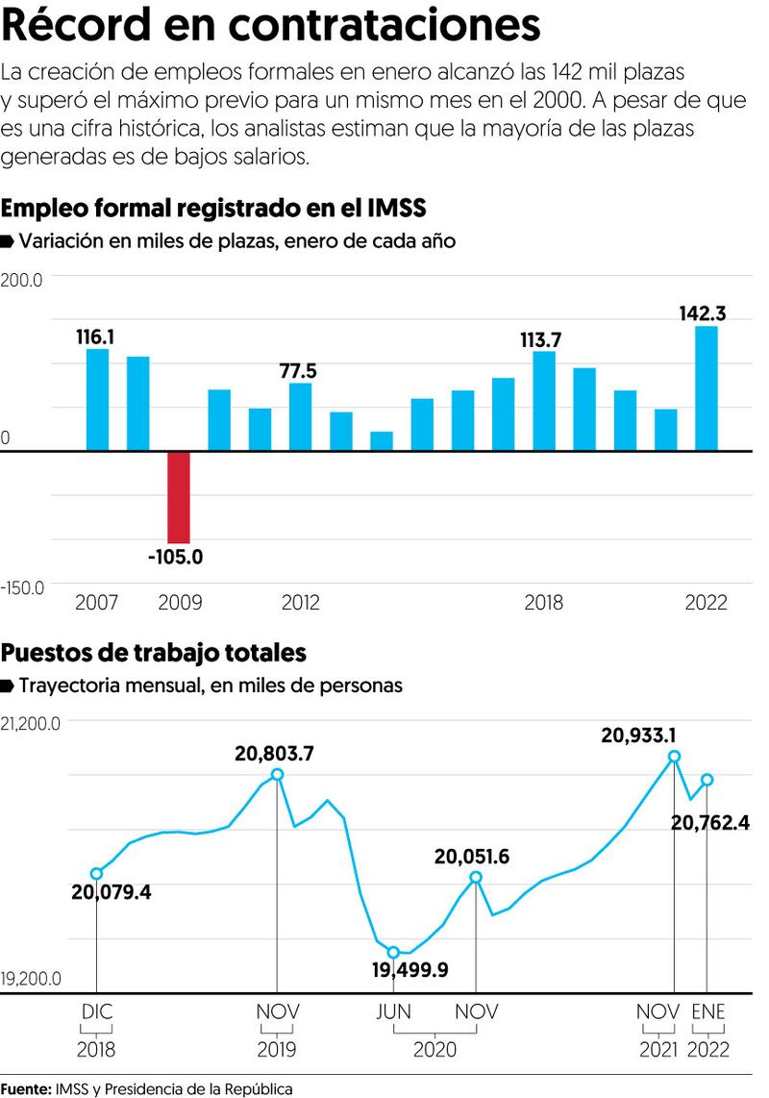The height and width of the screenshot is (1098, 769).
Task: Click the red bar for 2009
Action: (x=179, y=497)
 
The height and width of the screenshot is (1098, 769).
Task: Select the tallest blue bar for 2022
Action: (x=707, y=388)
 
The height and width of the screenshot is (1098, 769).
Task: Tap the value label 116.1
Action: (x=96, y=337)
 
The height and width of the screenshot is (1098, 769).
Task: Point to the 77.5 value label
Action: (x=298, y=371)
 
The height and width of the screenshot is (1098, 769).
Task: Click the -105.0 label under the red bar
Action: (x=175, y=556)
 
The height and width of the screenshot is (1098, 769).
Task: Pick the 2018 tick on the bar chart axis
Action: (x=544, y=603)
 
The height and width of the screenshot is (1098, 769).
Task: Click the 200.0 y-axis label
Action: (x=23, y=280)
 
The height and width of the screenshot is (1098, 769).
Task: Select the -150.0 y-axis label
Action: (x=23, y=587)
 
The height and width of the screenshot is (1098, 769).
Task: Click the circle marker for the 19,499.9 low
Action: (x=393, y=952)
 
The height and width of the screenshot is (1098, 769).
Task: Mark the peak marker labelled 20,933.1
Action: (x=674, y=757)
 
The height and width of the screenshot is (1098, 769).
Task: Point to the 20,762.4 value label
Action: (x=709, y=822)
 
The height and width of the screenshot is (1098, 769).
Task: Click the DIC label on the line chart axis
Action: (x=96, y=1011)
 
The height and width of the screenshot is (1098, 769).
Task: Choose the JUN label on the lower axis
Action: (x=393, y=1011)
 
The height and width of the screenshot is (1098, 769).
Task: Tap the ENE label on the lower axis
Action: (x=710, y=1011)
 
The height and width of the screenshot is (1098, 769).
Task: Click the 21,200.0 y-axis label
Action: (x=31, y=724)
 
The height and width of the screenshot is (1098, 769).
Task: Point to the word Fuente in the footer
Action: (x=26, y=1088)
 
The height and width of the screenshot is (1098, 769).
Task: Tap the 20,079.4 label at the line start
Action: (x=112, y=892)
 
